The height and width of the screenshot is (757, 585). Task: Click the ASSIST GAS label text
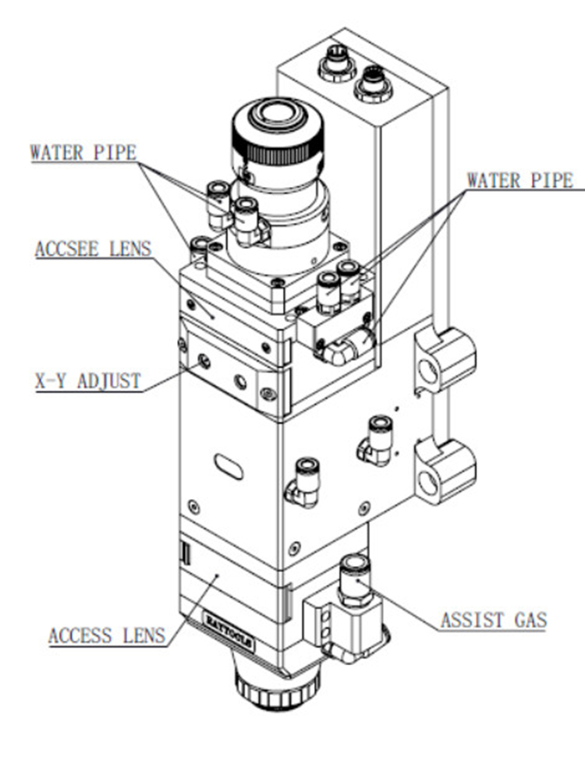coord(493,621)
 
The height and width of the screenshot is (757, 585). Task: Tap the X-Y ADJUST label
coord(87,381)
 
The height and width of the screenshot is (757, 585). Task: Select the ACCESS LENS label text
coord(107,635)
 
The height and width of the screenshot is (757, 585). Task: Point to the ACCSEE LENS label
coord(93,249)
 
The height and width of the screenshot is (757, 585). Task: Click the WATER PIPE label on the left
coord(83,152)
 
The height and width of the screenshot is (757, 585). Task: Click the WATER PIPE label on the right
coord(519,180)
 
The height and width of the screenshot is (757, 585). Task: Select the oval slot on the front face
coord(229,466)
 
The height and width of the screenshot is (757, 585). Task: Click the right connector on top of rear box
coord(373,83)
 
